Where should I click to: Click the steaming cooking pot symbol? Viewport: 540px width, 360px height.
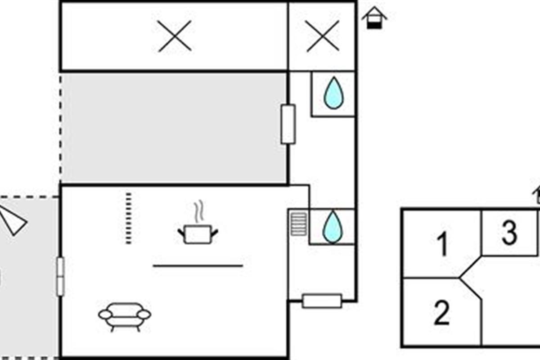pyautogui.click(x=198, y=222)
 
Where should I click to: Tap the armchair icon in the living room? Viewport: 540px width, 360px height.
pyautogui.click(x=125, y=317)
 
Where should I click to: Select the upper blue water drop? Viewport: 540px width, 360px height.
pyautogui.click(x=333, y=93)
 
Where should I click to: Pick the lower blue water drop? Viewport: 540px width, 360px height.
pyautogui.click(x=333, y=227)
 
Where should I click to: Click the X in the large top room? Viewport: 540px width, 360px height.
pyautogui.click(x=175, y=36)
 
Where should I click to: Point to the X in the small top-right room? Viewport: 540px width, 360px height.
pyautogui.click(x=323, y=36)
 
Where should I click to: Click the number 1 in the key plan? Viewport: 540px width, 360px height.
pyautogui.click(x=443, y=244)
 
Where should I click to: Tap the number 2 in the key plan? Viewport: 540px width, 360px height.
pyautogui.click(x=442, y=312)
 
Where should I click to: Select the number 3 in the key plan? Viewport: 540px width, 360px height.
pyautogui.click(x=509, y=233)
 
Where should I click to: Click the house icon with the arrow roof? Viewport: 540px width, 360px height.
pyautogui.click(x=374, y=18)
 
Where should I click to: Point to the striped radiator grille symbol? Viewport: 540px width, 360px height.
pyautogui.click(x=299, y=224)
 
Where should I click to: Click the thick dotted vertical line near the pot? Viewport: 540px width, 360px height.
pyautogui.click(x=129, y=218)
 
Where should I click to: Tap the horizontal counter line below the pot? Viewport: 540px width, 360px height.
pyautogui.click(x=198, y=266)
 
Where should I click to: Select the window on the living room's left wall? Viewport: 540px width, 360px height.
pyautogui.click(x=60, y=277)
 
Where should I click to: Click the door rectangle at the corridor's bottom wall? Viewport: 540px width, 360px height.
pyautogui.click(x=322, y=301)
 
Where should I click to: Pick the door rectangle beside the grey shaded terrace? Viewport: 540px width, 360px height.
pyautogui.click(x=288, y=124)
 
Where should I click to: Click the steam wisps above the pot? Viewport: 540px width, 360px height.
pyautogui.click(x=199, y=211)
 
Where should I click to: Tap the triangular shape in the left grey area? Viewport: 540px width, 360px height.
pyautogui.click(x=12, y=220)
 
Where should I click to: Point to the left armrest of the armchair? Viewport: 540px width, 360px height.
pyautogui.click(x=105, y=315)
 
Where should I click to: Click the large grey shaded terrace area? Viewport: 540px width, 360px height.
pyautogui.click(x=174, y=128)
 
